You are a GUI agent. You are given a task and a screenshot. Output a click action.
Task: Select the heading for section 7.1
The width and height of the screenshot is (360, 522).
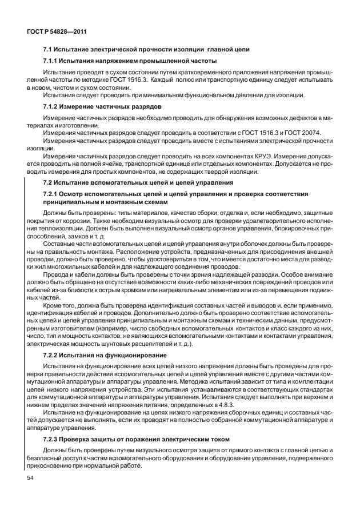tap(146, 49)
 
